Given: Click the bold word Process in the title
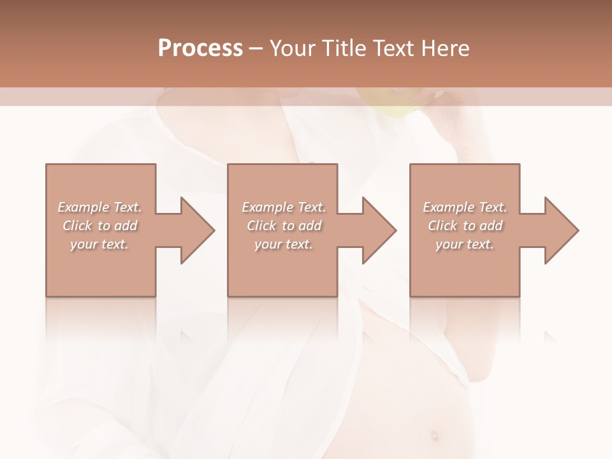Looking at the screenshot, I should coord(200,48).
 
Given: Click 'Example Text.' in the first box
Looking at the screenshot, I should coord(100,207).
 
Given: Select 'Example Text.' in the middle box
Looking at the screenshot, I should coord(284,207).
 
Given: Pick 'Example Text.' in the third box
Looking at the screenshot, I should coord(465,207).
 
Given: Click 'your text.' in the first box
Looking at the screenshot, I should coord(99,244).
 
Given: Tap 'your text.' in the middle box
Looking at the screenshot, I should coord(283,244).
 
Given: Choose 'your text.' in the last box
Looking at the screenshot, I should coord(465,244).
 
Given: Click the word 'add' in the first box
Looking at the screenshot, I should coord(126,226).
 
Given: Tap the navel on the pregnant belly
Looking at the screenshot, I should coord(434,436).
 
